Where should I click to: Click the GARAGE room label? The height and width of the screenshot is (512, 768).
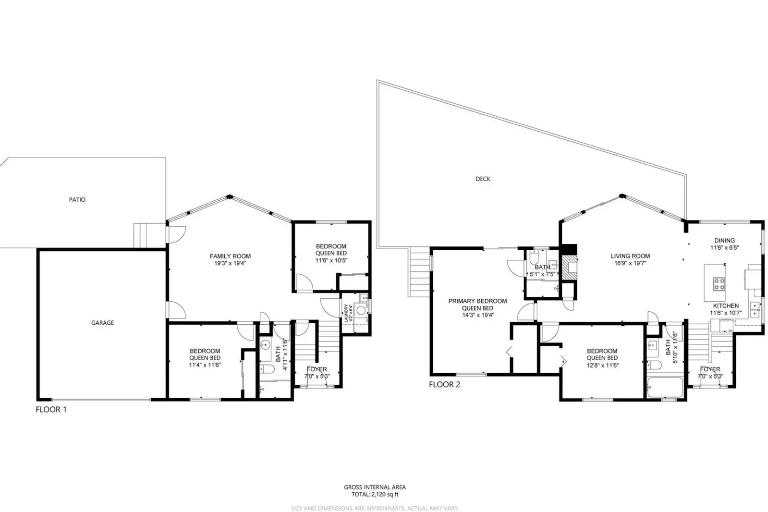[x=102, y=323]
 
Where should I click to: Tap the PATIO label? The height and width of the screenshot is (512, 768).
[x=77, y=199]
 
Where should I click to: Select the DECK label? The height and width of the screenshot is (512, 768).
[x=483, y=179]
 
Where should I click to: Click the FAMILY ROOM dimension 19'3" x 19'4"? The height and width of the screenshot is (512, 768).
[x=230, y=263]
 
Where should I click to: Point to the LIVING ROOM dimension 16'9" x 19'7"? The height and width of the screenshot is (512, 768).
[x=630, y=263]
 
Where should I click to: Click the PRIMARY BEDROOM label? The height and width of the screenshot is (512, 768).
[x=477, y=301]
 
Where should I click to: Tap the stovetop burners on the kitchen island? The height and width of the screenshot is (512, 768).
[x=719, y=284]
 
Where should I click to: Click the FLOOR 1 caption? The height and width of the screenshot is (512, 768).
[x=51, y=410]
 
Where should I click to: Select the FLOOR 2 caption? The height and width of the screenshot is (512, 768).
[x=444, y=384]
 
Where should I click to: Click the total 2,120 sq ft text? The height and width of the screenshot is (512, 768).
[x=374, y=494]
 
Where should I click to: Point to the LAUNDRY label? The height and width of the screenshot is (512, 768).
[x=346, y=313]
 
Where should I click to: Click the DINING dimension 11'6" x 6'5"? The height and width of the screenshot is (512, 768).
[x=724, y=248]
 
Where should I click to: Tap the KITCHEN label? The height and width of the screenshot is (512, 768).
[x=725, y=306]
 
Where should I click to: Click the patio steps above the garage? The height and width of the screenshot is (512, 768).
[x=143, y=235]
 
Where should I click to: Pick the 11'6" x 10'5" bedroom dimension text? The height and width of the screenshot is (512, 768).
[x=331, y=260]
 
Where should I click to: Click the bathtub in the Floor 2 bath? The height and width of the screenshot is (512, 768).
[x=665, y=388]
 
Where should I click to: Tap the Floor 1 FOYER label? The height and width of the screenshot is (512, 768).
[x=317, y=369]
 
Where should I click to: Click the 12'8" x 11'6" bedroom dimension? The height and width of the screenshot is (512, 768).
[x=602, y=365]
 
